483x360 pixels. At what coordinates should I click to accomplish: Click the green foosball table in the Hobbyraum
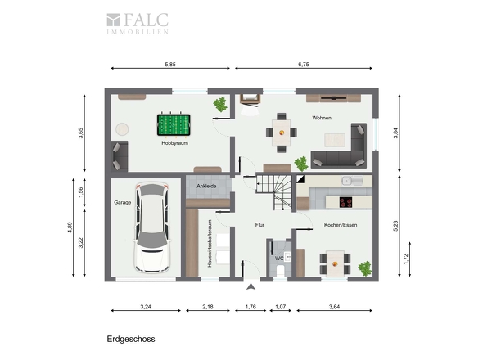coord(174,125)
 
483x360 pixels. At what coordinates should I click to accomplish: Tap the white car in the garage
coord(152,228)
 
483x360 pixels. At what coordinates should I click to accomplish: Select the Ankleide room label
coord(206,186)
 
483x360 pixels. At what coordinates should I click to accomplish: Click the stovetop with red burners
coord(345,202)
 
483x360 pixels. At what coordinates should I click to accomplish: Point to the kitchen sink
coord(352,181)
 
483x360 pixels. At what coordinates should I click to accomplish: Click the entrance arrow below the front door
coord(251,286)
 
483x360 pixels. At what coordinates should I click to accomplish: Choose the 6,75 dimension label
coord(304,65)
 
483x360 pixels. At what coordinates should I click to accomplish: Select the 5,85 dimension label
coord(170,65)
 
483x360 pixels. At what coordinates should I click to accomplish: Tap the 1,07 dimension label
coord(280,307)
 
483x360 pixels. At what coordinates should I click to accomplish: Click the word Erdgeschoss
coord(131,339)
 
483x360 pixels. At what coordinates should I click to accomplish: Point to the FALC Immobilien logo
coord(138,23)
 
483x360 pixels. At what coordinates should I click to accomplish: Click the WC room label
coord(279,259)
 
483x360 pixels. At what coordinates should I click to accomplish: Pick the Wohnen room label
coord(322,118)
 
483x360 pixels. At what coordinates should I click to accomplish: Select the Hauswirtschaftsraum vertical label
coord(210,243)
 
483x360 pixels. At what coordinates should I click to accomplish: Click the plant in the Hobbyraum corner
coord(220,105)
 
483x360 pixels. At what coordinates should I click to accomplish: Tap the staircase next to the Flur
coord(274,192)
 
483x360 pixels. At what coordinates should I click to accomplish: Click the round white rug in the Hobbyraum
coord(122,129)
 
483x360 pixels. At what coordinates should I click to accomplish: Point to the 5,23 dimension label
coord(396,226)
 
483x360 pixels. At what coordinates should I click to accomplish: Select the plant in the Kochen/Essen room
coord(365,268)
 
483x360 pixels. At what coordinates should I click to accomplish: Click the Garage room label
coord(122,202)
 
